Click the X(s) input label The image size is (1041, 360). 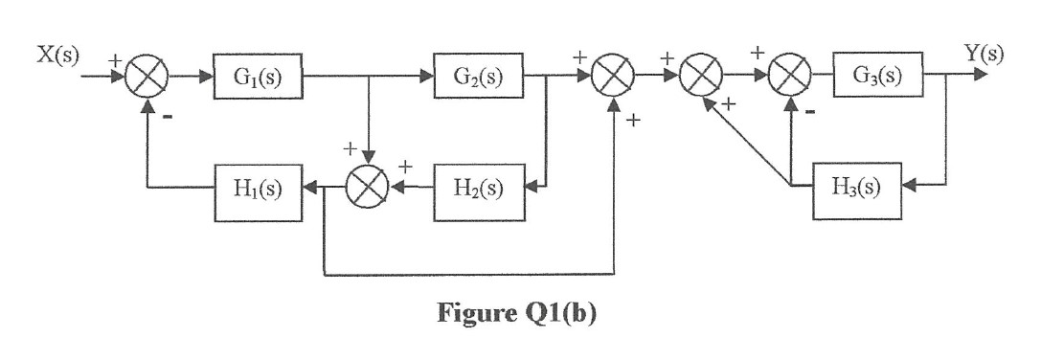point(59,54)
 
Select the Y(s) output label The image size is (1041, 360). point(983,53)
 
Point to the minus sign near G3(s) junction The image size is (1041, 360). point(811,110)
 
